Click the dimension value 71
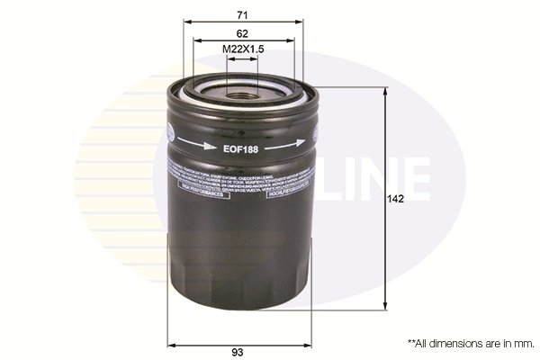click(242, 15)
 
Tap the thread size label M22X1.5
click(242, 49)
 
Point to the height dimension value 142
click(395, 200)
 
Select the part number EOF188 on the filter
click(241, 148)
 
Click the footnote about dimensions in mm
click(472, 343)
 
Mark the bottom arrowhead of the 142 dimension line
click(385, 309)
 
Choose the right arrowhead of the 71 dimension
click(301, 23)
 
